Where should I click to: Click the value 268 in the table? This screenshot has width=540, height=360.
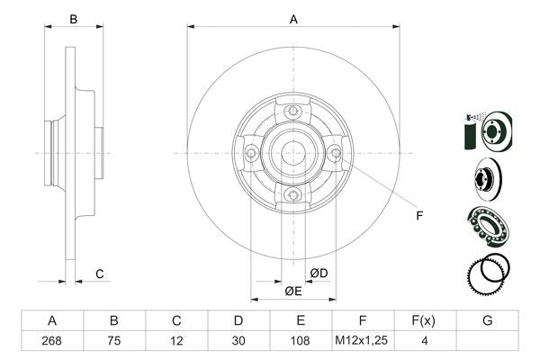point(52,342)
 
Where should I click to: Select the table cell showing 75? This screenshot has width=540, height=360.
point(114,342)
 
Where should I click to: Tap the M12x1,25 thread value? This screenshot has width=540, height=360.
point(363,342)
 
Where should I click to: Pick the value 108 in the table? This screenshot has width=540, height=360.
point(301,342)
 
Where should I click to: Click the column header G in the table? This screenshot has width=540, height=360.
point(487,321)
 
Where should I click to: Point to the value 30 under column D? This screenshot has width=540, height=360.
point(238,342)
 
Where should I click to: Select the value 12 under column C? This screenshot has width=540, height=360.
point(176,342)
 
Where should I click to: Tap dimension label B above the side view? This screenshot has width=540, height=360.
point(75,19)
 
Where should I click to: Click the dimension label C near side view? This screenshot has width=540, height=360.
point(100,274)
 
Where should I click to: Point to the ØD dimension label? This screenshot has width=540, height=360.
point(319,273)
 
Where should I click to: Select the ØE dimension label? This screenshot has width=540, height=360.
point(292,292)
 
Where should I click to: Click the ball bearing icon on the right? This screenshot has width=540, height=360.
point(486,224)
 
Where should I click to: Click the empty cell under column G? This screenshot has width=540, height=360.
point(487,342)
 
